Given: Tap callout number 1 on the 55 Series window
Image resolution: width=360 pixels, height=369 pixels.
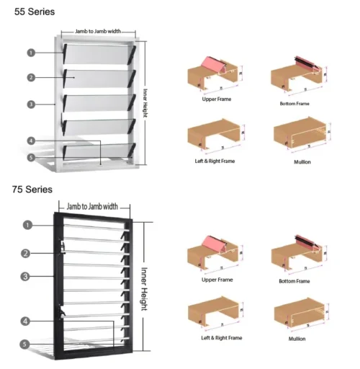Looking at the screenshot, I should point(31,53).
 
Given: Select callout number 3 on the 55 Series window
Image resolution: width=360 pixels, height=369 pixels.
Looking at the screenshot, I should point(31,105).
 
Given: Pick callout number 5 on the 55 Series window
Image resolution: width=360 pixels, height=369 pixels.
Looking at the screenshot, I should point(31,157).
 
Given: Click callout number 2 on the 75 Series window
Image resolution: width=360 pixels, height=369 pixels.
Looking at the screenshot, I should point(25,253).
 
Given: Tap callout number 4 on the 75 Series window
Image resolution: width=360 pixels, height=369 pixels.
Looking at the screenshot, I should point(25,321).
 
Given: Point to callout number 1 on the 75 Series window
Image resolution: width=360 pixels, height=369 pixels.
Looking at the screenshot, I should point(27,225).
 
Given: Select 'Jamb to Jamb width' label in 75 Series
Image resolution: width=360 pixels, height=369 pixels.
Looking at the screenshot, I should point(91,208).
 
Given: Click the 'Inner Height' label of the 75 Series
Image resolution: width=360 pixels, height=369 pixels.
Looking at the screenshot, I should point(145,280).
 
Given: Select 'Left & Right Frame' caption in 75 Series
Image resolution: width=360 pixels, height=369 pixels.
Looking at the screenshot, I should point(217,337).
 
